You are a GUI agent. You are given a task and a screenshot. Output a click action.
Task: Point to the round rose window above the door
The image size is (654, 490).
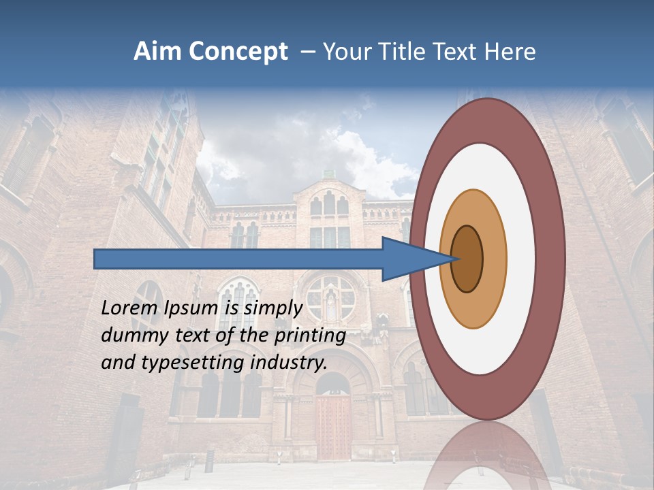(x=330, y=297)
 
